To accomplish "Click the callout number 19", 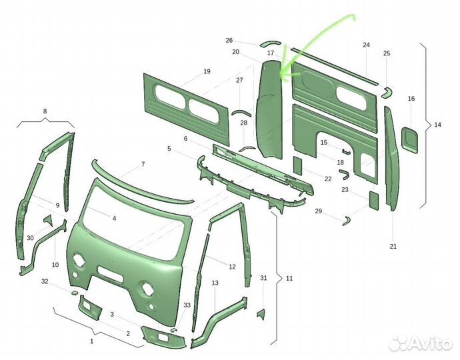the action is [x=207, y=71].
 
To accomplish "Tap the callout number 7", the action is [x=143, y=164].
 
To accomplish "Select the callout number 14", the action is [x=437, y=125].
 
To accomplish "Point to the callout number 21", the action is [x=393, y=246].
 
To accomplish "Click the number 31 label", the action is [x=263, y=277].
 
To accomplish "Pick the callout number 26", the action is [x=229, y=41].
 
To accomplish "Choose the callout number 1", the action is [x=91, y=341].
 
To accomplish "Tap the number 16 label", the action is [x=411, y=99].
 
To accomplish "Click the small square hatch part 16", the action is [x=409, y=139].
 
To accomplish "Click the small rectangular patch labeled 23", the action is [x=373, y=201].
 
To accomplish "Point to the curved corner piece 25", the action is [x=387, y=92].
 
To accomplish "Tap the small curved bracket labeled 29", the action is [x=346, y=221].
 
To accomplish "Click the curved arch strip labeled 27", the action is [x=241, y=112].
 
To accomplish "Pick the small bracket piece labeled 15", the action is [x=346, y=151].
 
